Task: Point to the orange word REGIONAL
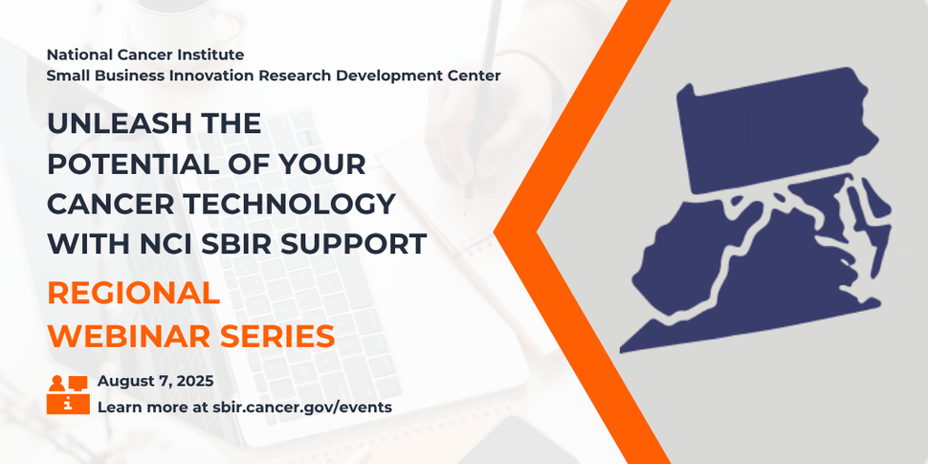point(133,294)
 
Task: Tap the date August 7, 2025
point(155,382)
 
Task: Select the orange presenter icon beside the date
point(67,394)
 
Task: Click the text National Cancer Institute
point(144,55)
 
